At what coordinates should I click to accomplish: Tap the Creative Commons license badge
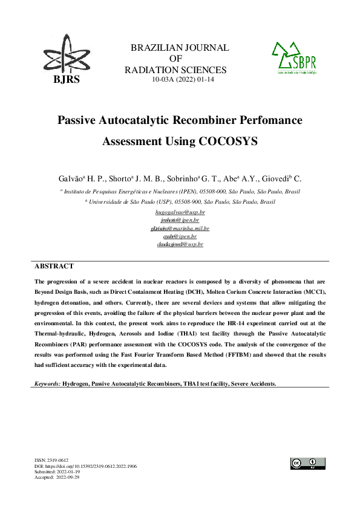308,463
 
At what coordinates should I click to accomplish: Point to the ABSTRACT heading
54,266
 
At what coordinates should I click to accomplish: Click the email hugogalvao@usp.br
180,213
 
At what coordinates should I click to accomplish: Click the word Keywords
47,384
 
